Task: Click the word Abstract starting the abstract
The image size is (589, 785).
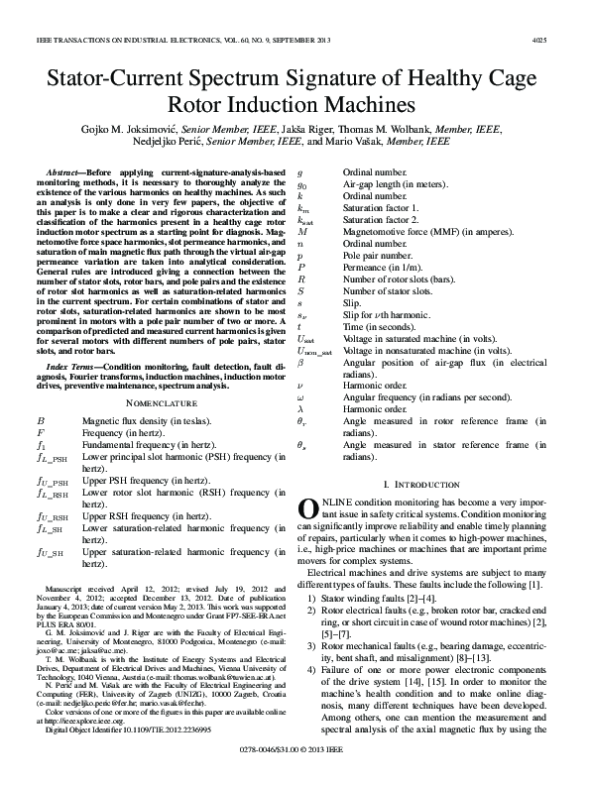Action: click(67, 174)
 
